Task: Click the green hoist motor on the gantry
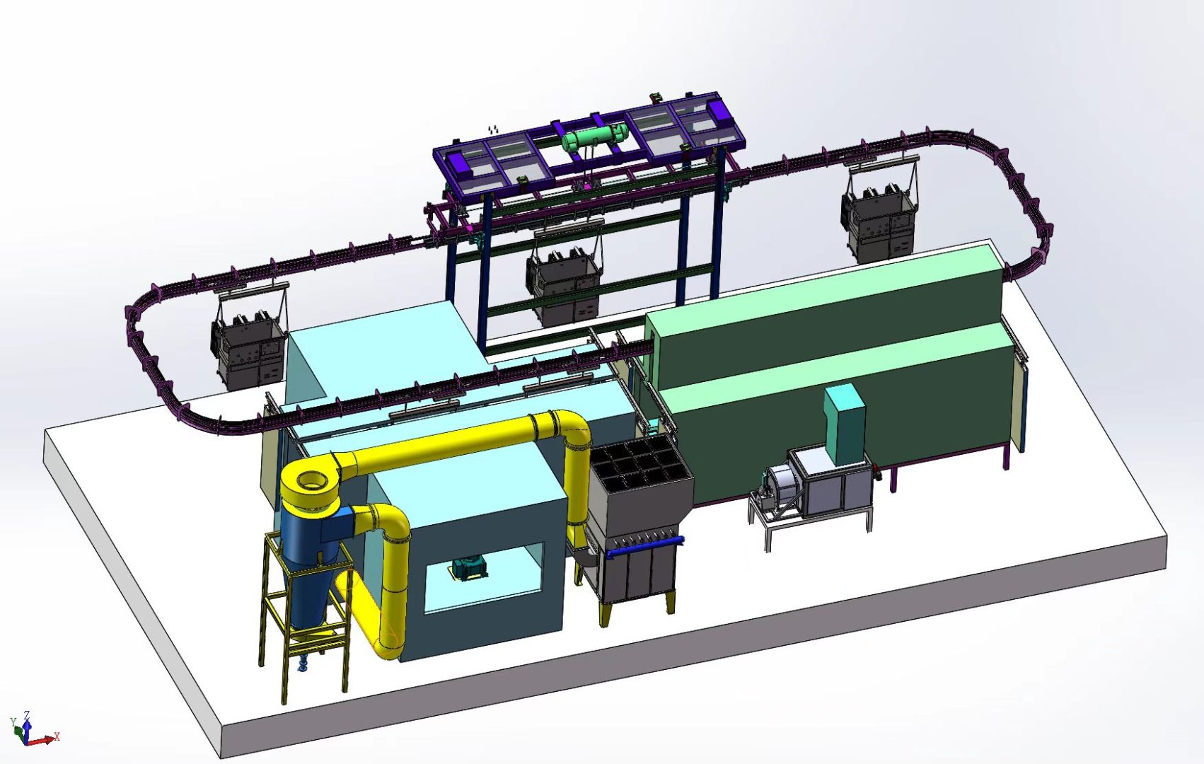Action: coord(594,137)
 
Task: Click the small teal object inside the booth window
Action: coord(469,569)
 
